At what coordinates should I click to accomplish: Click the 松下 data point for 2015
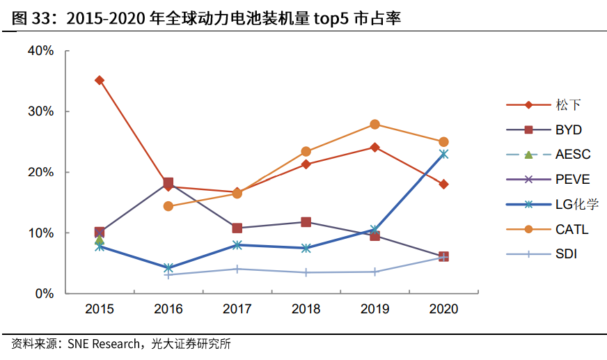[x=100, y=80]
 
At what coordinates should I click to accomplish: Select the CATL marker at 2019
[x=375, y=125]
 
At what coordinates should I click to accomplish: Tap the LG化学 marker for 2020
[x=443, y=154]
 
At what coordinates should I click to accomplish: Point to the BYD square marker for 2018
[x=306, y=222]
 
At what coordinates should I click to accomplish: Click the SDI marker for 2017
[x=237, y=269]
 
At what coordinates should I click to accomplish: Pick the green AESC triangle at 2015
[x=100, y=240]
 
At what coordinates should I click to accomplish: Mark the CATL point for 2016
[x=168, y=206]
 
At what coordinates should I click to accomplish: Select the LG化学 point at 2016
[x=168, y=268]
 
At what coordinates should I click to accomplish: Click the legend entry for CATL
[x=571, y=229]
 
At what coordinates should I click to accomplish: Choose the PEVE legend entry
[x=572, y=179]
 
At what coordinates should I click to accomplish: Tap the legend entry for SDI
[x=566, y=254]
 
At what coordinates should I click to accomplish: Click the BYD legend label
[x=568, y=130]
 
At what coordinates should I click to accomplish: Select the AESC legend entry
[x=572, y=155]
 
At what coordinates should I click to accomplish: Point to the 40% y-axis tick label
[x=40, y=51]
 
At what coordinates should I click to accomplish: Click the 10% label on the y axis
[x=40, y=233]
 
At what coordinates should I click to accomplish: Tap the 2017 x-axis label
[x=237, y=308]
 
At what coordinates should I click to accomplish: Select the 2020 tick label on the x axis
[x=443, y=308]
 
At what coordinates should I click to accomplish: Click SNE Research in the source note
[x=102, y=344]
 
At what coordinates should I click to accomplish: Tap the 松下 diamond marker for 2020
[x=443, y=185]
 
